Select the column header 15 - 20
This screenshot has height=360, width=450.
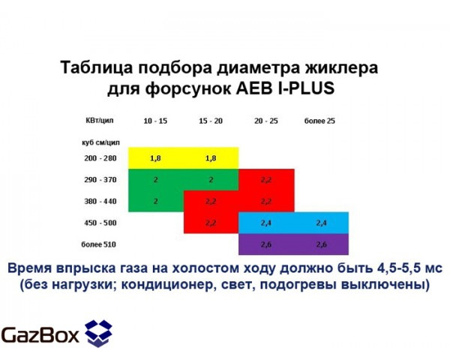211,121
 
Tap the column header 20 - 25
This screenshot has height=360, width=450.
265,121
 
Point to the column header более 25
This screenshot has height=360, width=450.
320,121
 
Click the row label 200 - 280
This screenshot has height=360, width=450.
100,158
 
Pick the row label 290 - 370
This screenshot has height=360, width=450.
100,180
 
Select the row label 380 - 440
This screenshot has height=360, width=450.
100,201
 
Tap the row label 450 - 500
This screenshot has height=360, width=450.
100,223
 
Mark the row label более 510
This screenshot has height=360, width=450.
100,244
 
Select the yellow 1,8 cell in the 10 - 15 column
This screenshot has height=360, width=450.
156,158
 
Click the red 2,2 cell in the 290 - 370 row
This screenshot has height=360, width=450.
266,180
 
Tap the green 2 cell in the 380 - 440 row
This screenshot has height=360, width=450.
156,201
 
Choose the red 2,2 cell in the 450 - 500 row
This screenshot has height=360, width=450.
211,223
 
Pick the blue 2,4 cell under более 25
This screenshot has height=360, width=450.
321,223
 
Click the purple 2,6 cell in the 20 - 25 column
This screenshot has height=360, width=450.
266,244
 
